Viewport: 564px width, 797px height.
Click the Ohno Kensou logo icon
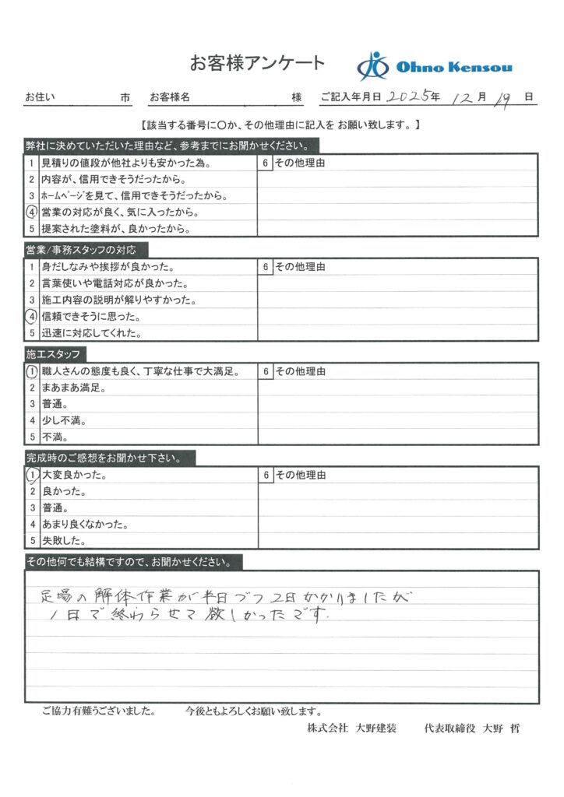pyautogui.click(x=373, y=65)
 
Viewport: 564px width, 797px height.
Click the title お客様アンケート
pyautogui.click(x=257, y=63)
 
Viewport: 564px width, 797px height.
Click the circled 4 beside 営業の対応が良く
pyautogui.click(x=32, y=212)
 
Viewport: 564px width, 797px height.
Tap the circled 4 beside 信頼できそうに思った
pyautogui.click(x=32, y=317)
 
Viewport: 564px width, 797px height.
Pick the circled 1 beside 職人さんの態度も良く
pyautogui.click(x=32, y=372)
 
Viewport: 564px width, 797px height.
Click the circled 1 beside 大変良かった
pyautogui.click(x=32, y=475)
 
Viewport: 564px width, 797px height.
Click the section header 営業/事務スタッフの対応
pyautogui.click(x=81, y=250)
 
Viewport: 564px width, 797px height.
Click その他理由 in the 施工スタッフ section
pyautogui.click(x=299, y=372)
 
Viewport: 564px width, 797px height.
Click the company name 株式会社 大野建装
pyautogui.click(x=352, y=729)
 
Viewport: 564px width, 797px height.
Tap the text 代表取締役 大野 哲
pyautogui.click(x=471, y=729)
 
